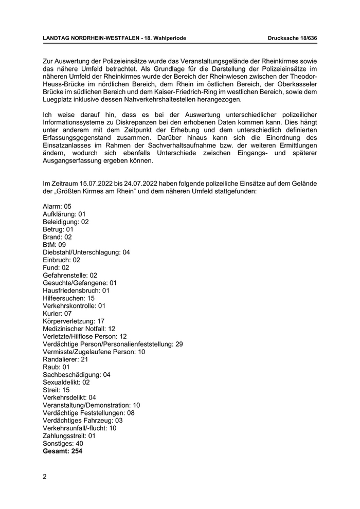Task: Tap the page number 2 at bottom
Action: point(45,476)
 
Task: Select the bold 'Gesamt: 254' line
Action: point(63,451)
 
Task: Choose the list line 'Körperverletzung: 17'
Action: point(74,321)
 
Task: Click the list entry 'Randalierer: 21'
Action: point(65,359)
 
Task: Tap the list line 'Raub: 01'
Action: point(56,367)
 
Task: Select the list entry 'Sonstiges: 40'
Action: point(63,443)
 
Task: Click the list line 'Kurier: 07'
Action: point(57,314)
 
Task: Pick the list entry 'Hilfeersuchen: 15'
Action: point(69,298)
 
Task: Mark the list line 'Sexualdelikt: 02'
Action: point(66,382)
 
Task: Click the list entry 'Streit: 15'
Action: point(56,390)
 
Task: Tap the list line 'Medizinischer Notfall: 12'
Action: point(79,329)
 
